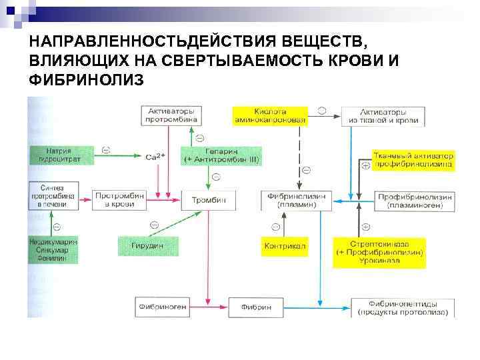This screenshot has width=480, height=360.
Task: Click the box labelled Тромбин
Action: [209, 200]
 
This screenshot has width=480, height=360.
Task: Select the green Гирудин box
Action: [147, 245]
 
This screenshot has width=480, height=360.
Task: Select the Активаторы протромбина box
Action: [171, 115]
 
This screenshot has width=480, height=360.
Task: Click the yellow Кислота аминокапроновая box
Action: [270, 115]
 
